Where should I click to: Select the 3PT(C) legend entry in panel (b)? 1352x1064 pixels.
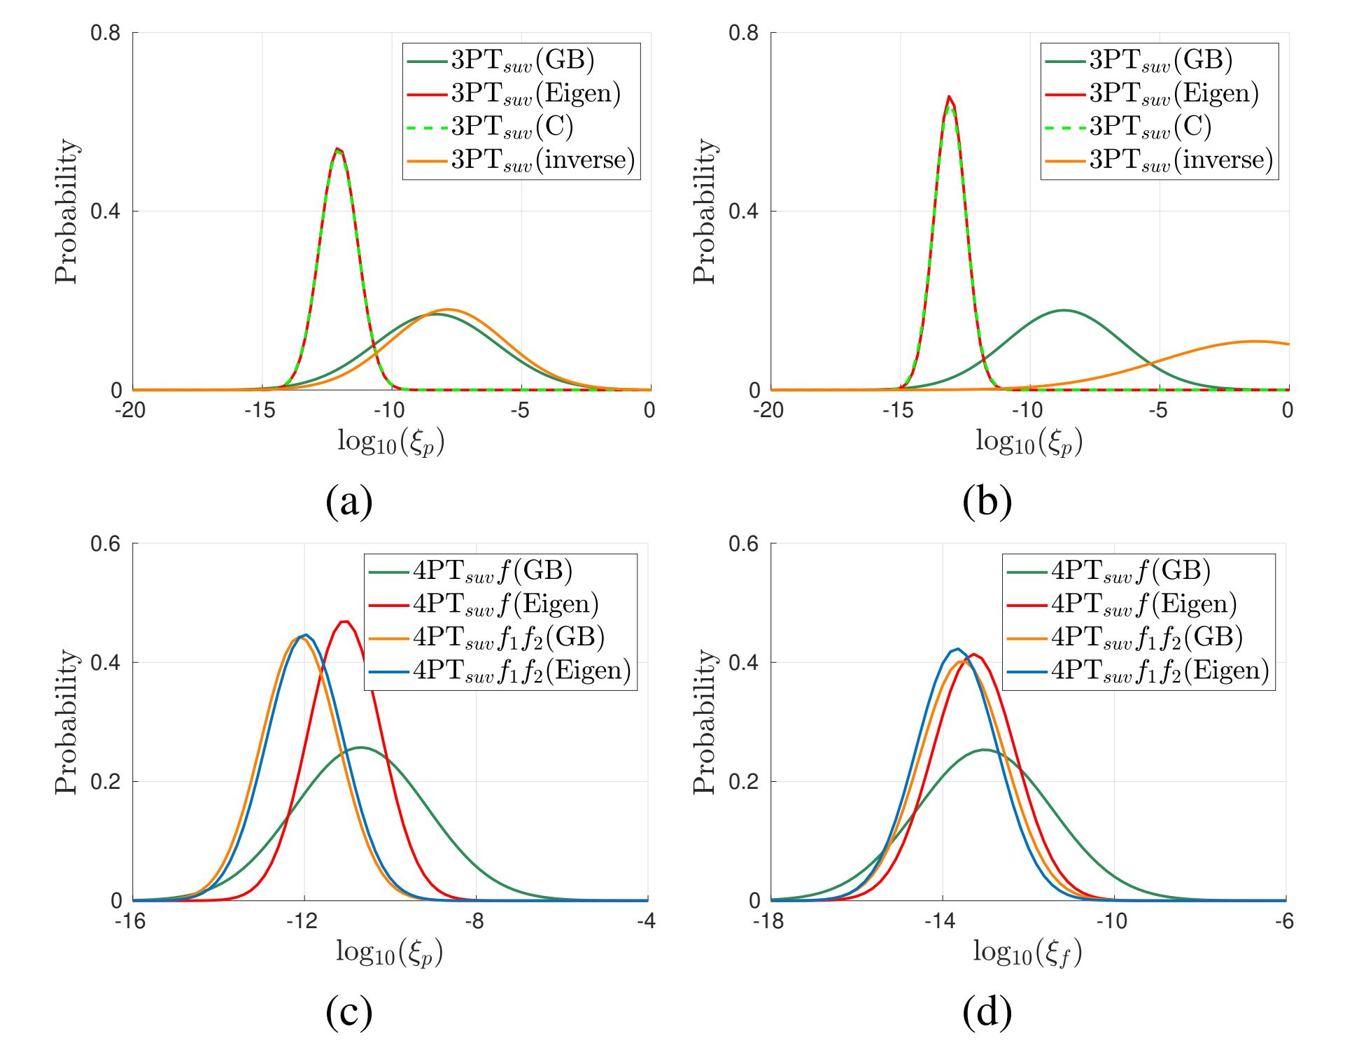[1150, 127]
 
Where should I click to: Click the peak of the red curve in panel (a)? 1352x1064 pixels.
[337, 148]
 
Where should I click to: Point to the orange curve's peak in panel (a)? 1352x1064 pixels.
[448, 309]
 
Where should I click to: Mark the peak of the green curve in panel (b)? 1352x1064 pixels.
[1064, 310]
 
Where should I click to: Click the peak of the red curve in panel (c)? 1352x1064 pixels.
[344, 621]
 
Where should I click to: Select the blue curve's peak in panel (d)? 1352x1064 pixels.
[957, 649]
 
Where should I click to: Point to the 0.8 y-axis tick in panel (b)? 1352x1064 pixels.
[743, 33]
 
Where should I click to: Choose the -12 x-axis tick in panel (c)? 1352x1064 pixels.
[302, 921]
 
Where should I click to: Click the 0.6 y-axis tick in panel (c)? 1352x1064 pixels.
[105, 544]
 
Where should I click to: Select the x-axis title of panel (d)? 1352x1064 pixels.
[1027, 953]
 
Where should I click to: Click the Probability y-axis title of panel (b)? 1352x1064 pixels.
[705, 211]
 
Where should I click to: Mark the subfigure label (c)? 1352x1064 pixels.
[349, 1012]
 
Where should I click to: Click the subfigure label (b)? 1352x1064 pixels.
[987, 501]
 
